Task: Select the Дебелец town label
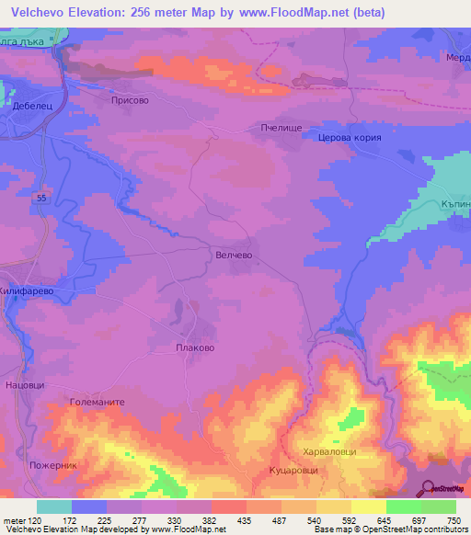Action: click(x=29, y=107)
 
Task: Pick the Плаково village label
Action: click(x=194, y=348)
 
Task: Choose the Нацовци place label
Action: click(x=25, y=384)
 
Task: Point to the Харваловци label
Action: click(x=328, y=452)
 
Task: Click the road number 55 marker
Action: click(x=42, y=198)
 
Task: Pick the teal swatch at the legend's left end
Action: click(x=54, y=507)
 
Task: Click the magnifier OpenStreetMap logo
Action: click(x=429, y=487)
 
